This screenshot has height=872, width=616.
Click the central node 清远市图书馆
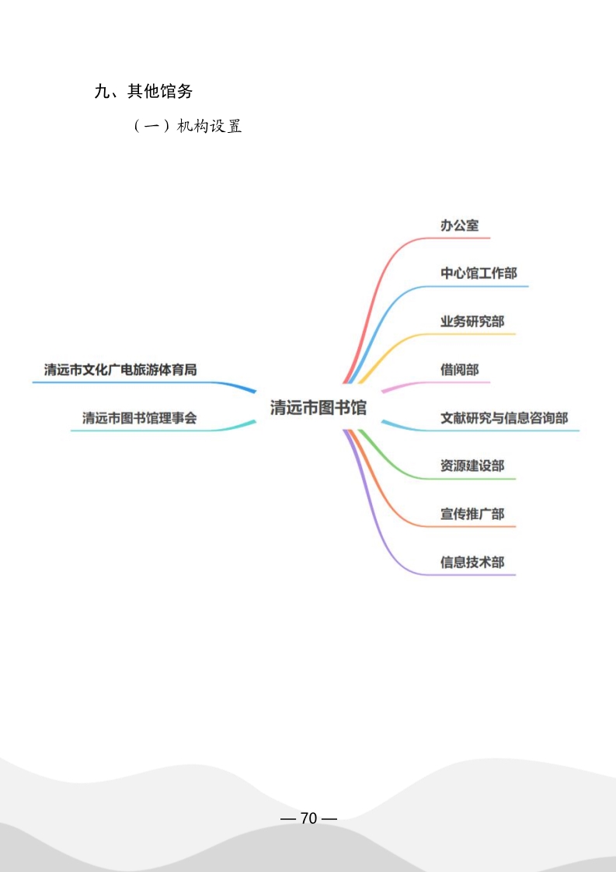tap(318, 407)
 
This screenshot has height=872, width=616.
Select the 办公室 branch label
tap(459, 225)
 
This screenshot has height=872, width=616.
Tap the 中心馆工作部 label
tap(479, 273)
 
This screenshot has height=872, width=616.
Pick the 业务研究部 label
tap(472, 322)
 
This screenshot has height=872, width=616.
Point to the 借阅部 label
tap(459, 369)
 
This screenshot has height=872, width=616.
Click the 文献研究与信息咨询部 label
tap(504, 417)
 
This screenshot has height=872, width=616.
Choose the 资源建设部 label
tap(472, 466)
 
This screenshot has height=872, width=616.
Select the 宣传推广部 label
tap(472, 514)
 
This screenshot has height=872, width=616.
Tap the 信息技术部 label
tap(472, 562)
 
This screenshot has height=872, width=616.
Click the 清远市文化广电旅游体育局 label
tap(120, 369)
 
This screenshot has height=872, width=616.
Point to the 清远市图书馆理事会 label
tap(140, 417)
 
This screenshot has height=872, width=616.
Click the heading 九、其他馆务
tap(144, 91)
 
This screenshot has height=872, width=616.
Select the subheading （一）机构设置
tap(188, 126)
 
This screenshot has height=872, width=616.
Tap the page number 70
tap(308, 818)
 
